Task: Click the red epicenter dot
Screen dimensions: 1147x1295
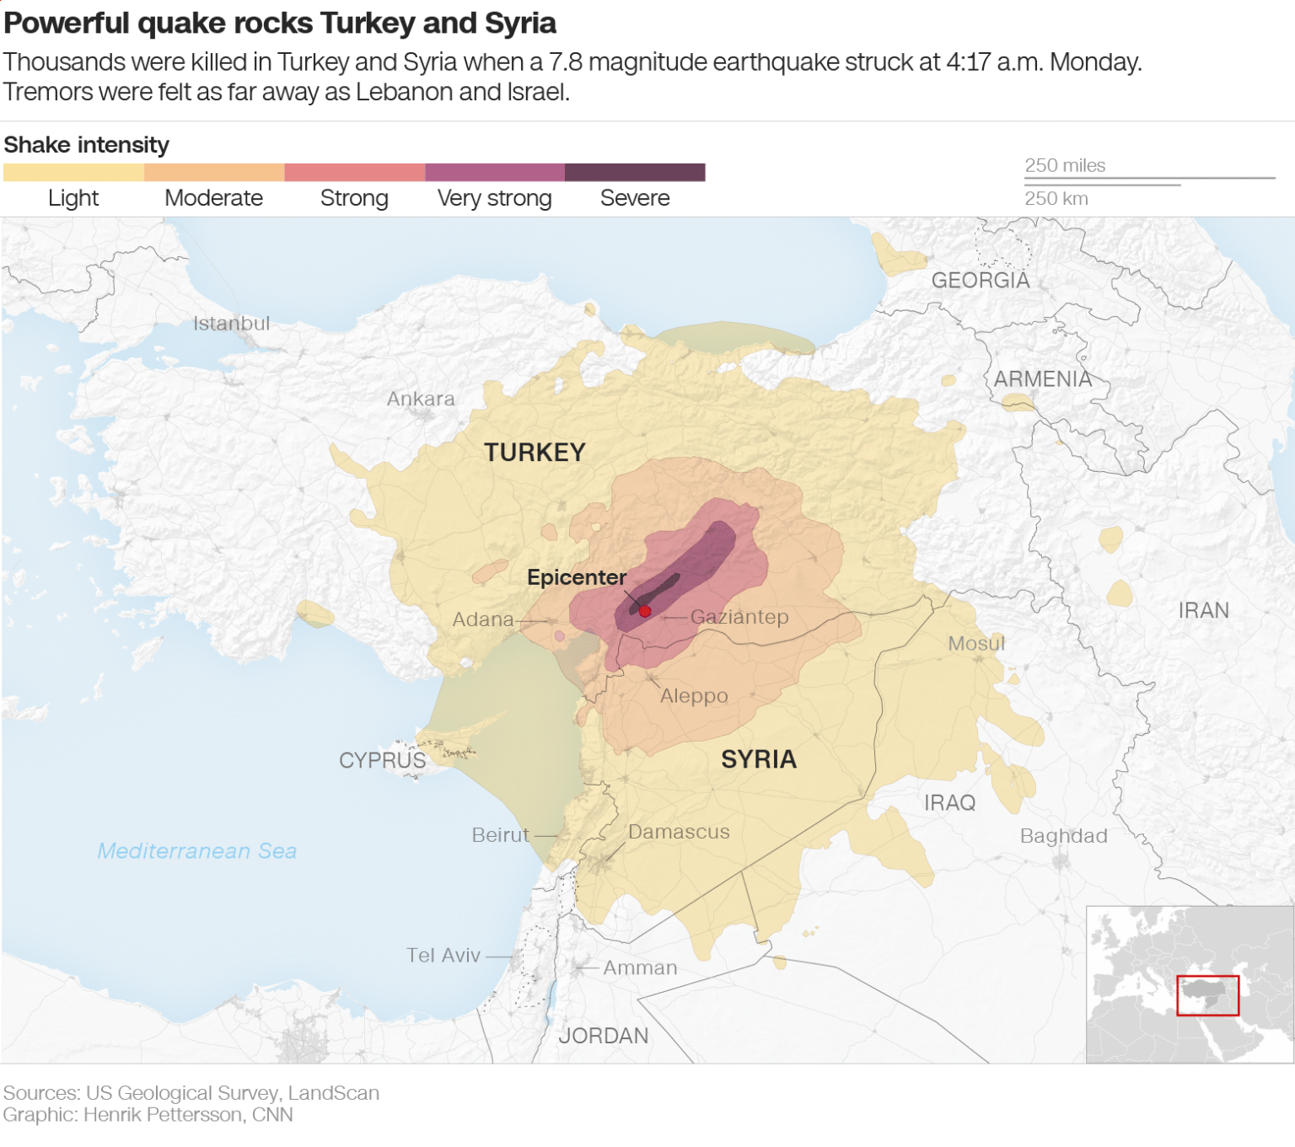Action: pyautogui.click(x=645, y=611)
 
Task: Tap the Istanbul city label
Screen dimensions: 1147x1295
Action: pyautogui.click(x=231, y=324)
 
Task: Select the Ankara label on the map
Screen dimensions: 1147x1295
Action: pyautogui.click(x=421, y=399)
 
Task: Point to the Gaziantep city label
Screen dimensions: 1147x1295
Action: pyautogui.click(x=739, y=617)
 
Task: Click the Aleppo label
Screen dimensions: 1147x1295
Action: pyautogui.click(x=694, y=696)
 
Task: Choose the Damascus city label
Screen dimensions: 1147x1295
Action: pyautogui.click(x=679, y=832)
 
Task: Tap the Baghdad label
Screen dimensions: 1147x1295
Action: pyautogui.click(x=1063, y=836)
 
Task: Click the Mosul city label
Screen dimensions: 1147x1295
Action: pyautogui.click(x=976, y=644)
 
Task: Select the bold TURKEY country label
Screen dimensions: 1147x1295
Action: pyautogui.click(x=535, y=453)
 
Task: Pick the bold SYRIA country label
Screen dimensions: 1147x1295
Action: pyautogui.click(x=759, y=759)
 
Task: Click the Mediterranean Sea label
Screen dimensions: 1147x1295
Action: pyautogui.click(x=197, y=851)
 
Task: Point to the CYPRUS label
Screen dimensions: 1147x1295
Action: pyautogui.click(x=382, y=760)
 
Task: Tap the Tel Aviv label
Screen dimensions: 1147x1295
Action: pyautogui.click(x=443, y=956)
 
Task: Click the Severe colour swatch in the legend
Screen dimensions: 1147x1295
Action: pyautogui.click(x=635, y=173)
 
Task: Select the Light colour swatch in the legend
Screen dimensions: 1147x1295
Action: pyautogui.click(x=73, y=173)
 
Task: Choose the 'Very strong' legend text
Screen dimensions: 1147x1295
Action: pyautogui.click(x=494, y=198)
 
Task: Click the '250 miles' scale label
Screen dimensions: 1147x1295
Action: pyautogui.click(x=1065, y=166)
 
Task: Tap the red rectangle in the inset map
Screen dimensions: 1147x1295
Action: pyautogui.click(x=1207, y=995)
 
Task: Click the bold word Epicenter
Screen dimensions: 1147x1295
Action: pyautogui.click(x=577, y=577)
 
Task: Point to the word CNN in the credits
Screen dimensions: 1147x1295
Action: pyautogui.click(x=272, y=1115)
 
